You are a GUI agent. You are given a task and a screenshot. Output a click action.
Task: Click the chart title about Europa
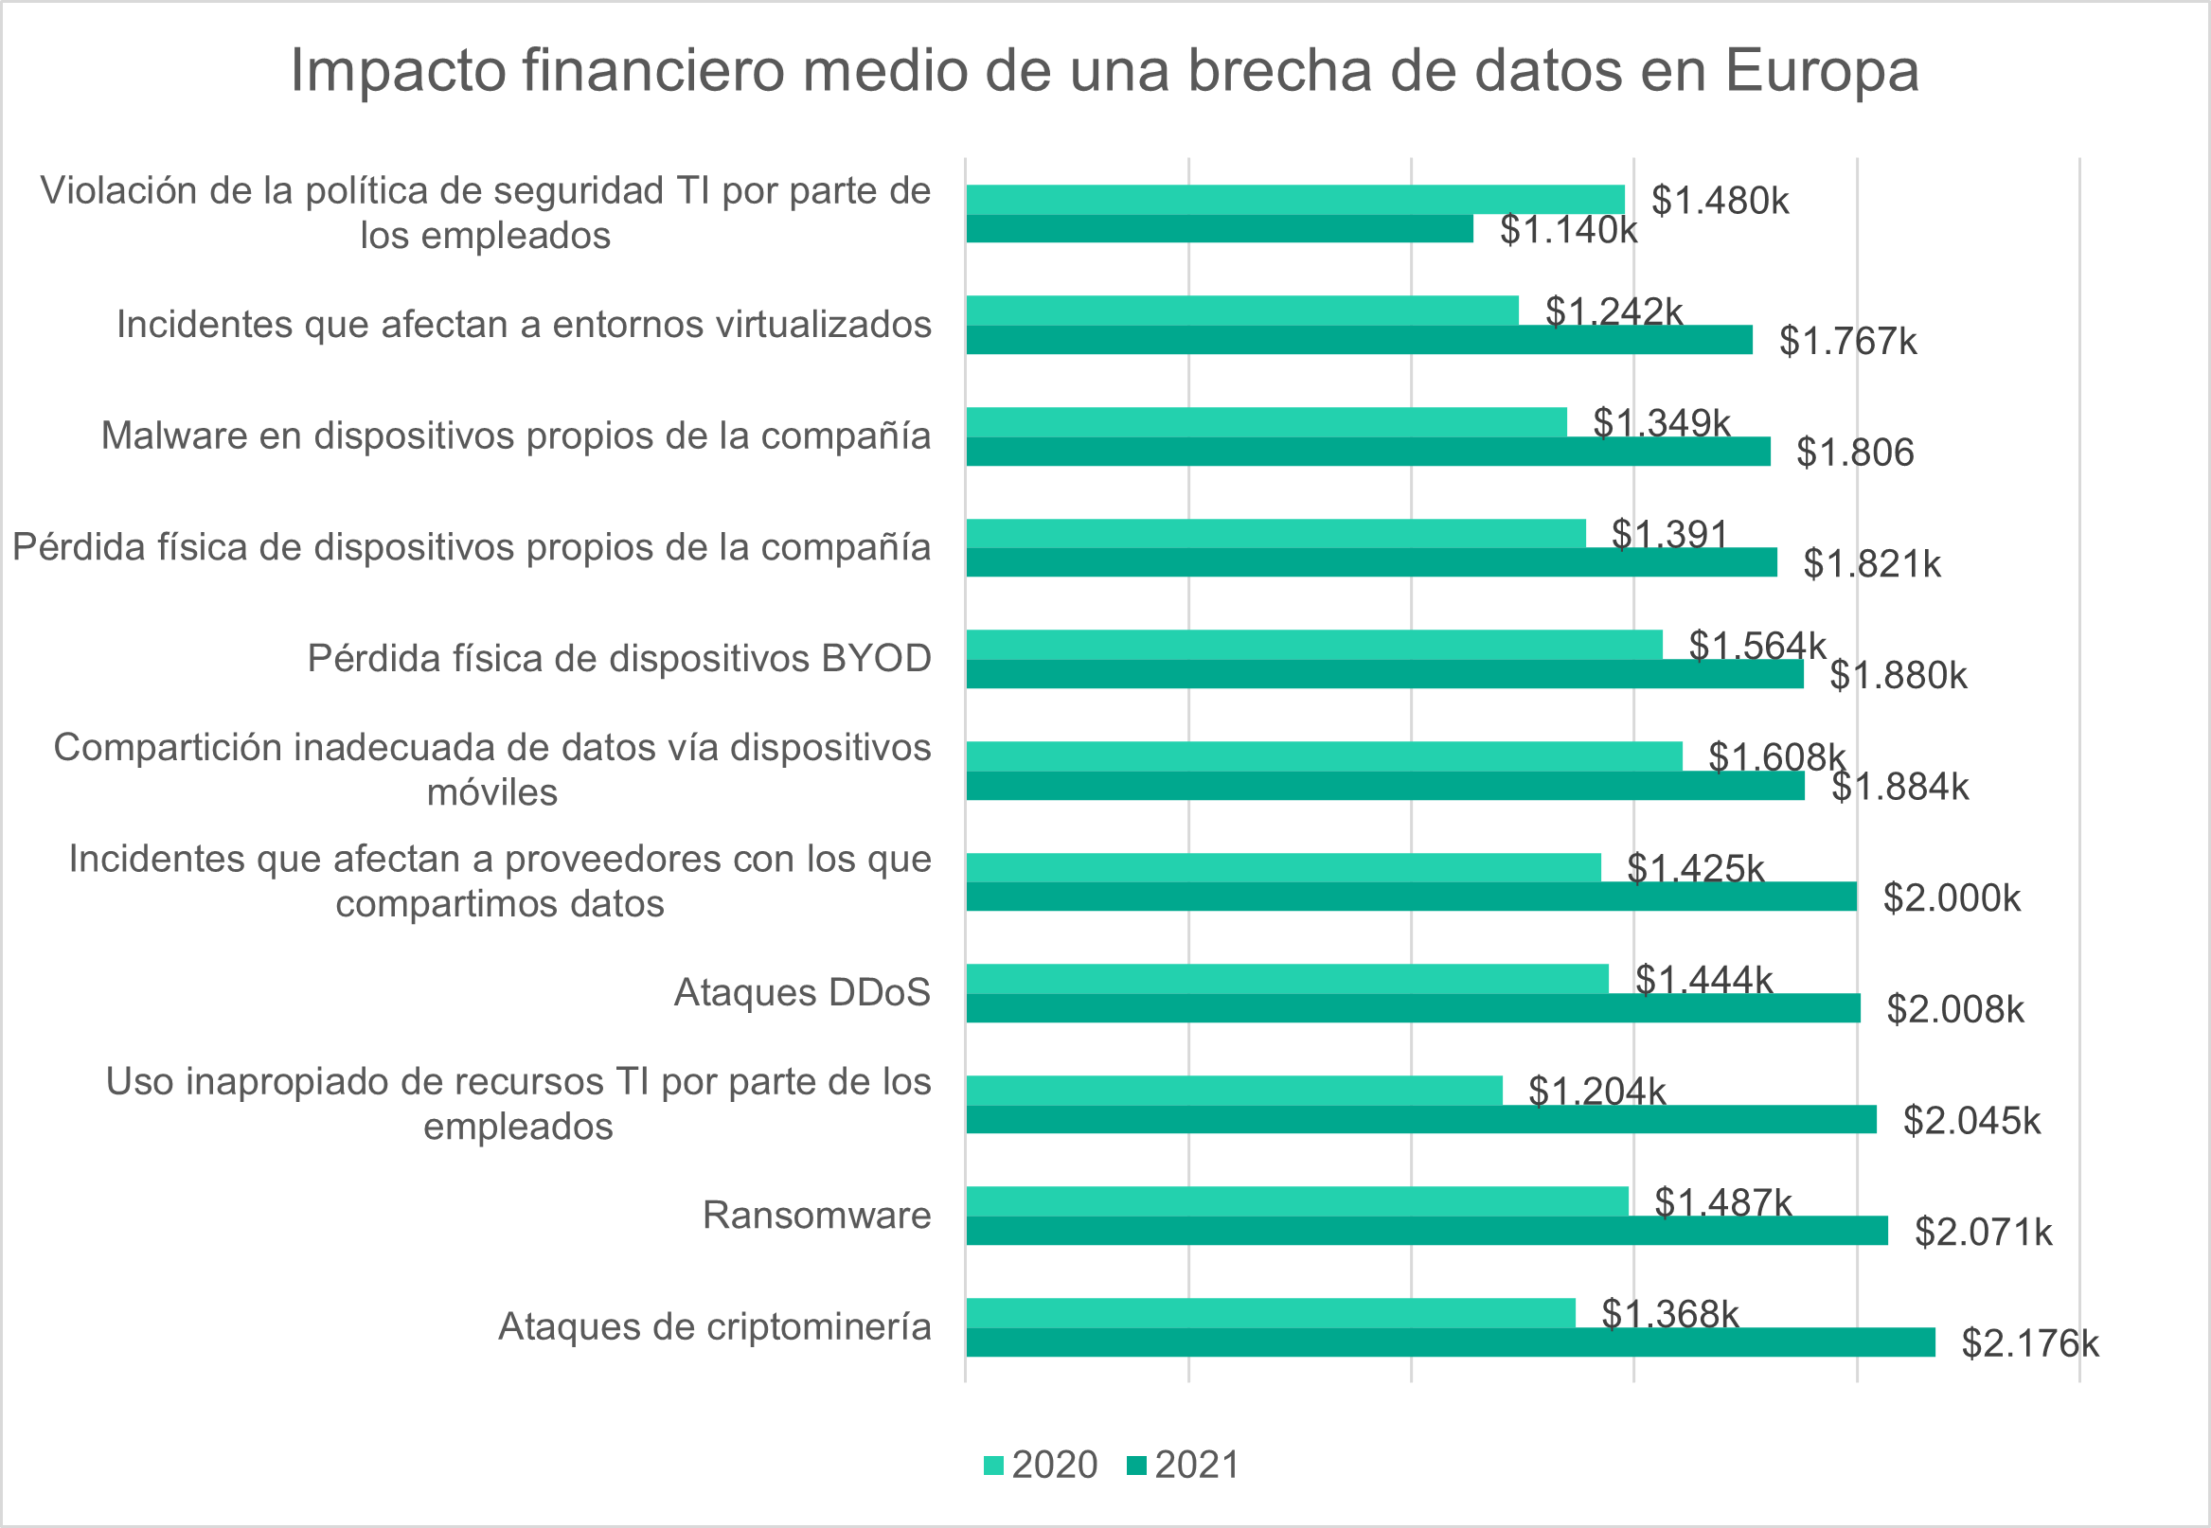click(1104, 70)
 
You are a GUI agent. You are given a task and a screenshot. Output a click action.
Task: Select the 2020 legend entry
click(1041, 1465)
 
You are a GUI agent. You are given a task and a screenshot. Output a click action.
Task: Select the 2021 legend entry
click(1184, 1465)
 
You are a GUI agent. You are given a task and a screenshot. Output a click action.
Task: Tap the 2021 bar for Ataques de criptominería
click(1450, 1342)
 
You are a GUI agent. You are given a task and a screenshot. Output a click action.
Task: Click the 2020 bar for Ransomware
click(1296, 1200)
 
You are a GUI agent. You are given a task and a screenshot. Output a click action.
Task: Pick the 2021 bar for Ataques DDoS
click(1413, 1008)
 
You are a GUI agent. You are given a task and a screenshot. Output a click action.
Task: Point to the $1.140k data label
click(1567, 230)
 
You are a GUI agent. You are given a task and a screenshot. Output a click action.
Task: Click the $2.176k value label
click(2029, 1343)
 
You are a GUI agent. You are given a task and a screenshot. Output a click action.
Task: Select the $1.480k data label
click(1720, 201)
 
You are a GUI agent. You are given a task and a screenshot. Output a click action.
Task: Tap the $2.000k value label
click(1952, 898)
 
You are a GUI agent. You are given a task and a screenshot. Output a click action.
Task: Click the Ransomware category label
click(816, 1215)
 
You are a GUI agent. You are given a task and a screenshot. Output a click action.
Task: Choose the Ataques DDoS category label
click(801, 993)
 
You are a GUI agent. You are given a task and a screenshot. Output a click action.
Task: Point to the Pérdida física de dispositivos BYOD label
click(618, 659)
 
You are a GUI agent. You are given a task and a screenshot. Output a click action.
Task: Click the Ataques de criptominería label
click(714, 1327)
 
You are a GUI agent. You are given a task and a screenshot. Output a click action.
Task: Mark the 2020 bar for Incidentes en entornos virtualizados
click(1242, 311)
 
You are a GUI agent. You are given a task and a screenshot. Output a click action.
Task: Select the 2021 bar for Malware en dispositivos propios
click(1367, 452)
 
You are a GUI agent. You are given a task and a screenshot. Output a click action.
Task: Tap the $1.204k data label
click(1596, 1092)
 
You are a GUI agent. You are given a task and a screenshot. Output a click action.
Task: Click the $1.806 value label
click(1855, 453)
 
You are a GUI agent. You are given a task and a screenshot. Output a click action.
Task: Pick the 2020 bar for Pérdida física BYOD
click(1313, 645)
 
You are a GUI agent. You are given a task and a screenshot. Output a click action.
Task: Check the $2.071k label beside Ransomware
click(1983, 1233)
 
